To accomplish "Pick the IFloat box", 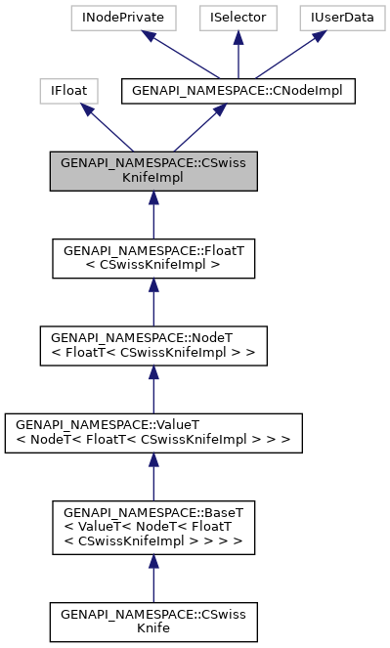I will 65,91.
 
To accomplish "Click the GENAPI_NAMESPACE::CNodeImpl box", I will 238,91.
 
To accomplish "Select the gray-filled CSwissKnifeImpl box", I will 153,171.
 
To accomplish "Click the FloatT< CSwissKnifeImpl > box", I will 153,257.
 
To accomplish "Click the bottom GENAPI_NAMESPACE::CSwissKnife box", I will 153,621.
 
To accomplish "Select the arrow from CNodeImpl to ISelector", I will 239,55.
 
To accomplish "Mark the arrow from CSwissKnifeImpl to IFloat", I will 108,130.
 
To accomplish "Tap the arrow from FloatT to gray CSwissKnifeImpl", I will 153,214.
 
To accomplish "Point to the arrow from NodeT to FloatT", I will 153,300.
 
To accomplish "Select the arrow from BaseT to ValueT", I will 153,479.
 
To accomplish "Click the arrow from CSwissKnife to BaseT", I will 153,579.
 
